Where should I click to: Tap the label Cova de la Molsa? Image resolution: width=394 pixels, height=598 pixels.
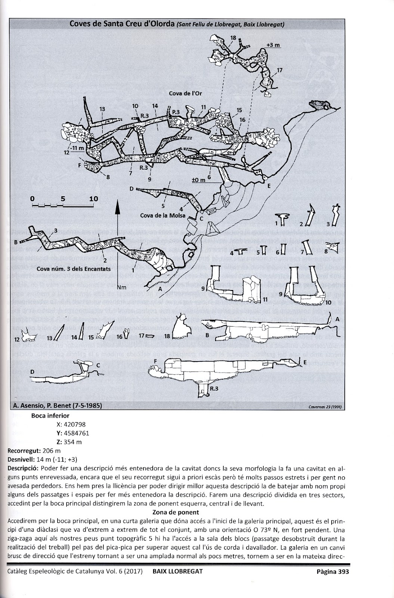point(163,215)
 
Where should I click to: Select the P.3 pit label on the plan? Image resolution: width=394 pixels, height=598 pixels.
point(176,111)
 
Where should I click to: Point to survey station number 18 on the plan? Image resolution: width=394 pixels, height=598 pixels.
point(233,38)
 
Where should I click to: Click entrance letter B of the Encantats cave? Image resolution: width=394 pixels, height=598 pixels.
point(16,242)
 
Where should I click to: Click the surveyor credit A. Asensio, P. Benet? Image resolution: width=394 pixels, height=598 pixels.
point(56,406)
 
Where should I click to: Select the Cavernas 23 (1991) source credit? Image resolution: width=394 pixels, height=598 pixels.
point(325,407)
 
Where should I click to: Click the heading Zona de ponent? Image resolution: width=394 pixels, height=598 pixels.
point(176,512)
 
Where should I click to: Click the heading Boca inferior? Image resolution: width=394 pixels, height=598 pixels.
point(50,415)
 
